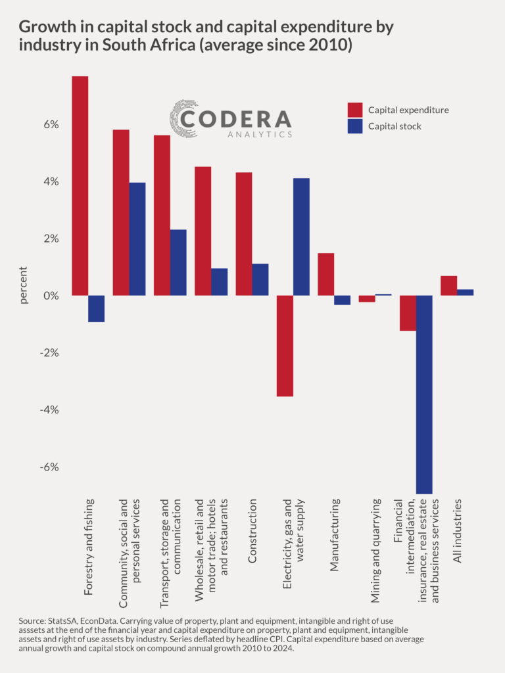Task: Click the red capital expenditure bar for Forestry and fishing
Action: [x=80, y=185]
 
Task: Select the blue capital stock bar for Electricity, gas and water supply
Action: [x=301, y=237]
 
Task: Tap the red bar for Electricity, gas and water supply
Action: [x=285, y=346]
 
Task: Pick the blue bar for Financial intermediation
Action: [x=424, y=394]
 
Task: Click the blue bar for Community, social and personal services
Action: [x=137, y=239]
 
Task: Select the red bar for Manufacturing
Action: [x=325, y=274]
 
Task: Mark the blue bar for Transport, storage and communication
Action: [x=178, y=262]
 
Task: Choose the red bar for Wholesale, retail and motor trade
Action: [x=203, y=231]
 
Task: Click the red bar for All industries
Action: [x=448, y=286]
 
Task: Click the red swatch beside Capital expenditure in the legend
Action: [x=355, y=110]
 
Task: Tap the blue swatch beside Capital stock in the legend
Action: [x=355, y=126]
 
